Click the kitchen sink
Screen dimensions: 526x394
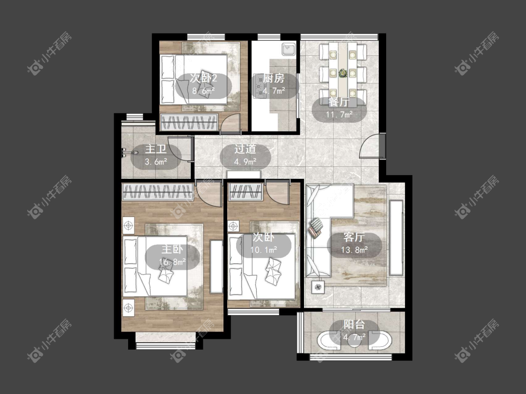tap(288, 49)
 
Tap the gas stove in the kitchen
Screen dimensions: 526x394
tap(259, 85)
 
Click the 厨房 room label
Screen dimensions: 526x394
tap(274, 78)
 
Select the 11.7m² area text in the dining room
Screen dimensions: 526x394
tap(339, 114)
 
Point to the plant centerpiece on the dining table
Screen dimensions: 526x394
tap(343, 72)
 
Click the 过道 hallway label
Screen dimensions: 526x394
tap(245, 149)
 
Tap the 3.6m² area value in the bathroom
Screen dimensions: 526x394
tap(156, 162)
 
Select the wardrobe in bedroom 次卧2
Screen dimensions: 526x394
tap(189, 122)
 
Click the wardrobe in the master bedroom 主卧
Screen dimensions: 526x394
tap(158, 192)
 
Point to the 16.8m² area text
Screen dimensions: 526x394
tap(173, 262)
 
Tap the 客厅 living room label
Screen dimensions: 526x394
tap(354, 237)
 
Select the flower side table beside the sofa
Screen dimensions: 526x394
tap(318, 287)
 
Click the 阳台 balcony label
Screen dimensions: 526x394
tap(354, 324)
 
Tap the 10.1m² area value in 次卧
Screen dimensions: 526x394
tap(264, 250)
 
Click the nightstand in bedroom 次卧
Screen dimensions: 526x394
tap(233, 226)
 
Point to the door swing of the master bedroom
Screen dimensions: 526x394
tap(209, 194)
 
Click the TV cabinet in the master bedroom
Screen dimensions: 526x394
tap(216, 267)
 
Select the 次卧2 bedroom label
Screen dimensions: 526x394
tap(204, 78)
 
